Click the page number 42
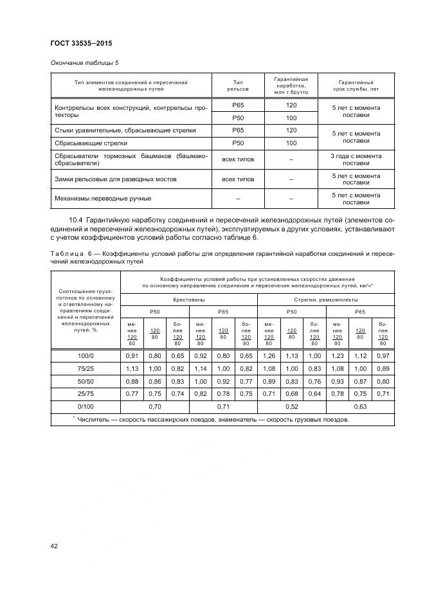55,546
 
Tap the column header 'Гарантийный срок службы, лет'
356,86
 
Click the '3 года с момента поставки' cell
356,159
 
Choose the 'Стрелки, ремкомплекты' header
326,300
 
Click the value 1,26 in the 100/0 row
269,355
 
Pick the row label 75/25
86,369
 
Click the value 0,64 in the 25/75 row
314,394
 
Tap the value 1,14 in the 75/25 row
201,369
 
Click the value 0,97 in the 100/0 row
384,355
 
